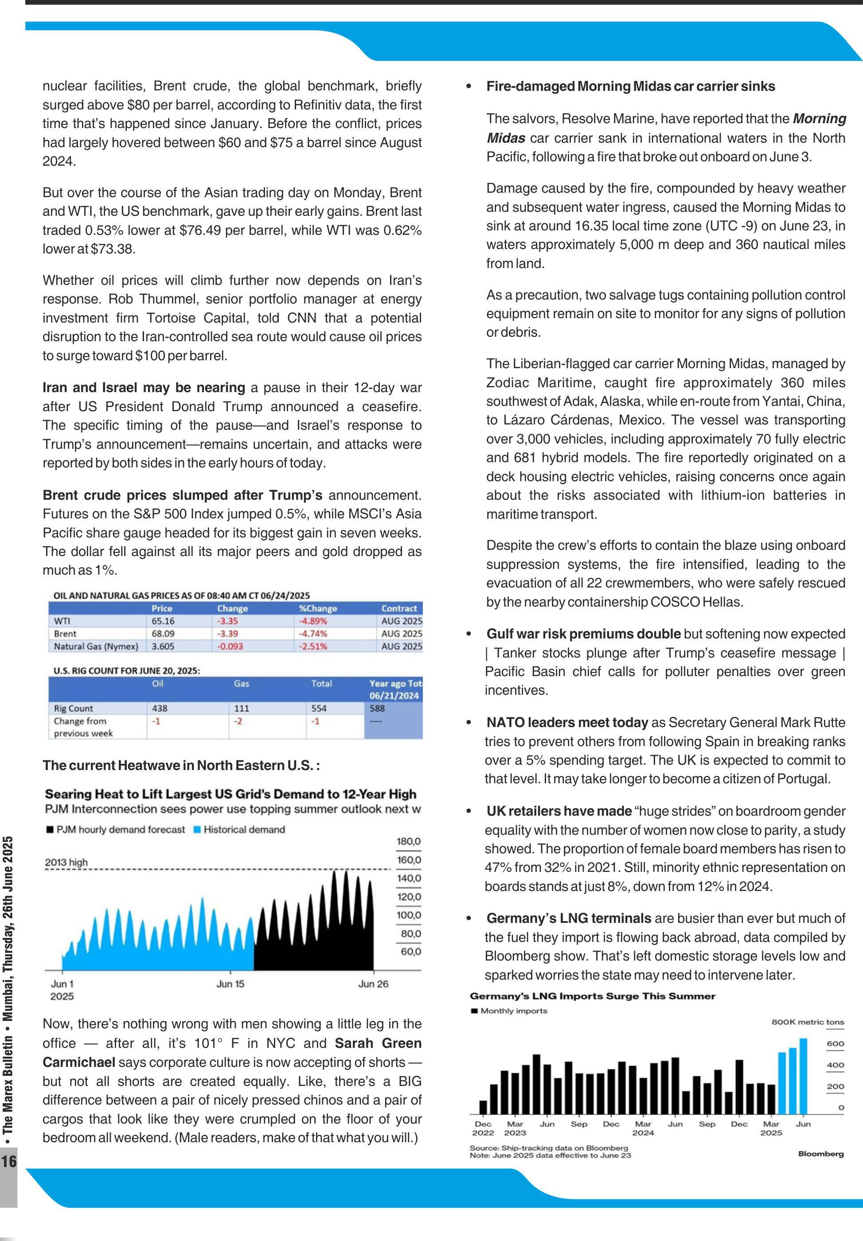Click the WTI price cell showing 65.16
(163, 621)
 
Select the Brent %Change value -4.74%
(312, 634)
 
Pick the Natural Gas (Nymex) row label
(96, 646)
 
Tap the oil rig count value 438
(160, 708)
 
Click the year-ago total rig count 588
(378, 708)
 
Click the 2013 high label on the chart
(66, 862)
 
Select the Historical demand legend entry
(244, 830)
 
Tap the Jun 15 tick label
(230, 984)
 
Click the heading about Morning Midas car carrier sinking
(630, 86)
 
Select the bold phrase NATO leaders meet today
(566, 722)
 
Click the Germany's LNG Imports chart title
(592, 996)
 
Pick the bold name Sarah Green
(378, 1043)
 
